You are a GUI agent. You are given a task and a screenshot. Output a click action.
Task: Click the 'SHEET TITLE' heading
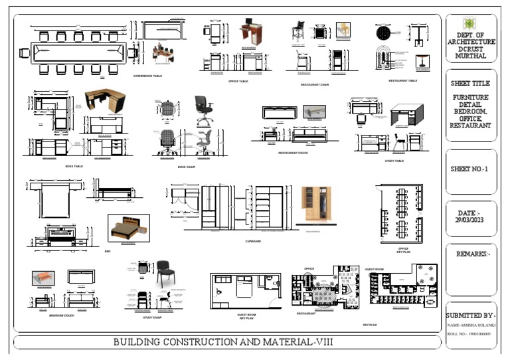470,84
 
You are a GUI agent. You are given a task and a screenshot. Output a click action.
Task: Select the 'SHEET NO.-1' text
469,169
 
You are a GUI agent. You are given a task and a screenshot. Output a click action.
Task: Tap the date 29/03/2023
471,219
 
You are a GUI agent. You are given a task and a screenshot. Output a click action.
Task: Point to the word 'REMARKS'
471,254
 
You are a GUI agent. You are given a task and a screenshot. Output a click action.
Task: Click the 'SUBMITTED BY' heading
471,315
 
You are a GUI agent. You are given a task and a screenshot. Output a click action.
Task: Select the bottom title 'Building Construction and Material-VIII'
223,342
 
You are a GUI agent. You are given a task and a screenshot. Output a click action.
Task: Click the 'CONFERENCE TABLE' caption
147,76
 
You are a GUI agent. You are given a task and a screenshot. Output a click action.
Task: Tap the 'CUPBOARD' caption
253,241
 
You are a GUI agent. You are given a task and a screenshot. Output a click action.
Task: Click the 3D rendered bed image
128,227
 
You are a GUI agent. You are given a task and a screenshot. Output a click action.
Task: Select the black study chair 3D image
165,274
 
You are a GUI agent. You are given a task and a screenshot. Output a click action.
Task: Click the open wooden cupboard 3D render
317,205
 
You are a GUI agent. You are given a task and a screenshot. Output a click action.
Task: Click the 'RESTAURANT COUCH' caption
293,153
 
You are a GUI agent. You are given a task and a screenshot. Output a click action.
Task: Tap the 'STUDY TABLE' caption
394,161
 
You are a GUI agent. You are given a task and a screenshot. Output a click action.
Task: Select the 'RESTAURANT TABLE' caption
403,80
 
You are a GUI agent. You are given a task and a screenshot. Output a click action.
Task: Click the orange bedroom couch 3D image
43,278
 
